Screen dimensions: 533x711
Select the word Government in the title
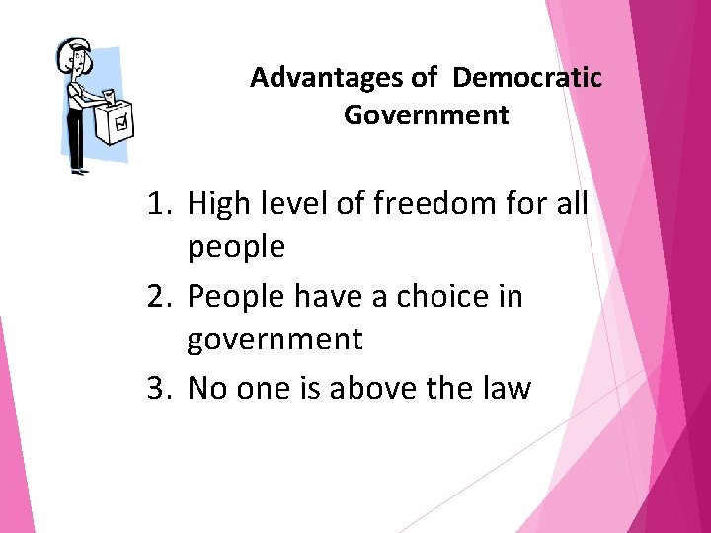427,115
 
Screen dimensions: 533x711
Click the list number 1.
159,205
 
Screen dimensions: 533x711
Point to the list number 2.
159,296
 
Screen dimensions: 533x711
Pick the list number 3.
159,388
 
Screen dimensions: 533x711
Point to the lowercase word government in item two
275,340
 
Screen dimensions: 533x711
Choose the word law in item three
507,388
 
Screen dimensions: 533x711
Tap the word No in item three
204,388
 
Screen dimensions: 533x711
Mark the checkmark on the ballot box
121,124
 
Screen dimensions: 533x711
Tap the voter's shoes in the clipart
78,172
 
